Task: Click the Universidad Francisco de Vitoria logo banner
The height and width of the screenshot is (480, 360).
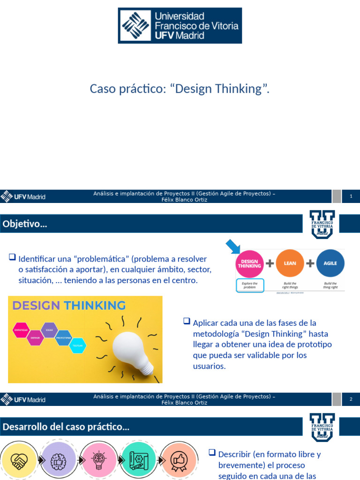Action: point(180,25)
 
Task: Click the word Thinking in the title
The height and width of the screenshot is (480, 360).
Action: point(238,89)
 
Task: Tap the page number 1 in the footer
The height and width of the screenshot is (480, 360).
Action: point(351,196)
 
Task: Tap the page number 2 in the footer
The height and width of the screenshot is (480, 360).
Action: point(351,399)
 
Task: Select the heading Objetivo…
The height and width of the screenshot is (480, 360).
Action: point(25,225)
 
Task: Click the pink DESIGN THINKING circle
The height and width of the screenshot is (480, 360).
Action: point(249,263)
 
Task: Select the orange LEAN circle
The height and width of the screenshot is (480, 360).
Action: point(290,263)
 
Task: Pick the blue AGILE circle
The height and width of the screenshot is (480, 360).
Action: point(330,263)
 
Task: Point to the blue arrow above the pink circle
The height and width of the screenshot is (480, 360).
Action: point(233,247)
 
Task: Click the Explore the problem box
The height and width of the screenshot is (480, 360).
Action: point(250,285)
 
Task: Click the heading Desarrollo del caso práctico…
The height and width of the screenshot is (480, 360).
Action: point(66,427)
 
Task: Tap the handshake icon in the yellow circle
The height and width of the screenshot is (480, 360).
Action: point(19,461)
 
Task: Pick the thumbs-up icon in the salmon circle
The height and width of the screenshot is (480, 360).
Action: point(179,461)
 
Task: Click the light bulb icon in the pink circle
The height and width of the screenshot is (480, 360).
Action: point(99,461)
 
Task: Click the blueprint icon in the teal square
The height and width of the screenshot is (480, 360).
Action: point(139,461)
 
